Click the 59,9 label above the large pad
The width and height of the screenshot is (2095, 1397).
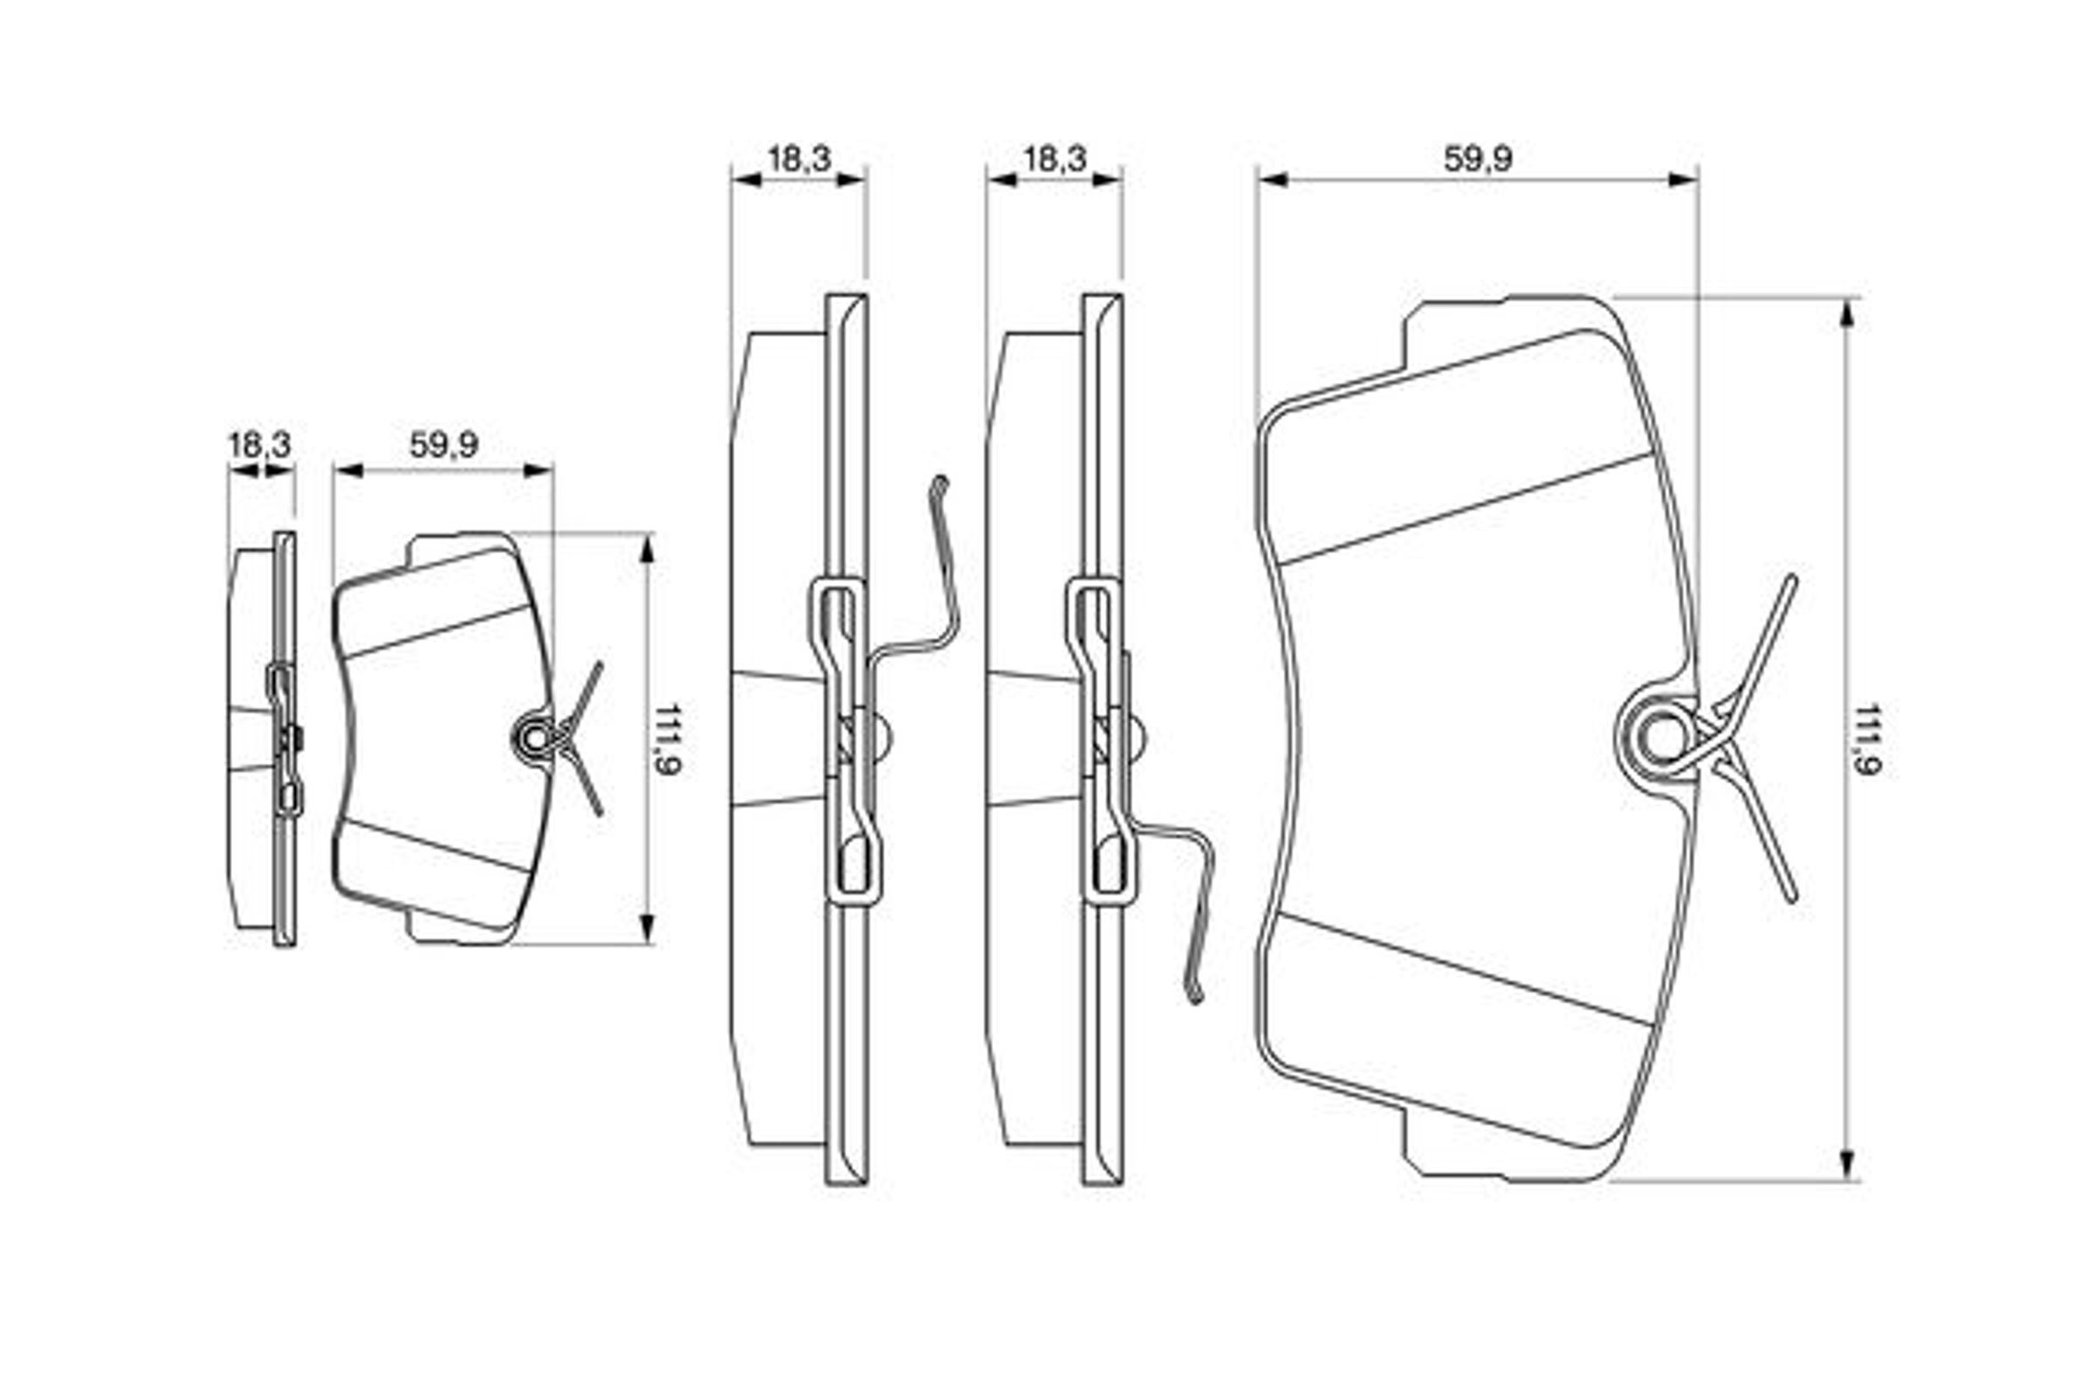(x=1478, y=160)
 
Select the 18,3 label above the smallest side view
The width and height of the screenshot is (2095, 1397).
(x=259, y=444)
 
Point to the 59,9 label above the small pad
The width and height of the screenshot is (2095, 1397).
(x=443, y=444)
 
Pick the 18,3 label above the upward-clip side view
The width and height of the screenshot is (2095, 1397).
(x=799, y=160)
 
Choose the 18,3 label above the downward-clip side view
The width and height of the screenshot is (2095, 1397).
(x=1054, y=160)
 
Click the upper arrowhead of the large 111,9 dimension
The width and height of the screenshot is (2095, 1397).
(x=1846, y=315)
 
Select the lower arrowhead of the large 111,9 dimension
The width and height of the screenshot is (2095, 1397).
(x=1846, y=1164)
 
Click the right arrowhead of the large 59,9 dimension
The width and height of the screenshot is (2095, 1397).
(x=1683, y=180)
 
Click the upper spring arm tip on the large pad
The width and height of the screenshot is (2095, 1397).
(x=1792, y=580)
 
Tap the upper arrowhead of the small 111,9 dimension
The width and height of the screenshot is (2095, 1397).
(x=648, y=551)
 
